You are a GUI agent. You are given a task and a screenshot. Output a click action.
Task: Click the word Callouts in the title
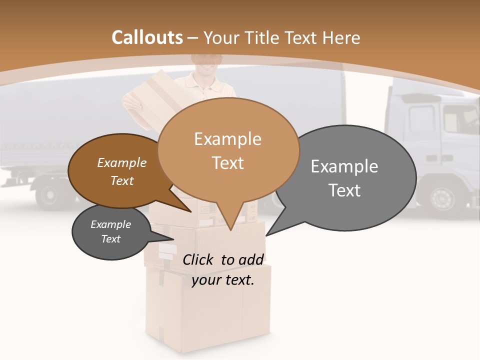click(147, 37)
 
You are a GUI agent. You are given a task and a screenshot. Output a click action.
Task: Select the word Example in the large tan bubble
click(227, 139)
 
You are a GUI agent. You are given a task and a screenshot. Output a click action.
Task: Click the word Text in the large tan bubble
click(227, 163)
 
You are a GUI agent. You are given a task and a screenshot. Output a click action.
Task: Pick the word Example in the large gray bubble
click(344, 166)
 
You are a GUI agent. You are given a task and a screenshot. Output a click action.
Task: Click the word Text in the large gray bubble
click(344, 190)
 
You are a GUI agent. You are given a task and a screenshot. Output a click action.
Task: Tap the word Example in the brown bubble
click(121, 163)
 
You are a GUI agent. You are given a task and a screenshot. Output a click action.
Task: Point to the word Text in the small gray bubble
click(110, 239)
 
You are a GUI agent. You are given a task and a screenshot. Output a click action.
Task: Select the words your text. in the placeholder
click(223, 280)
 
